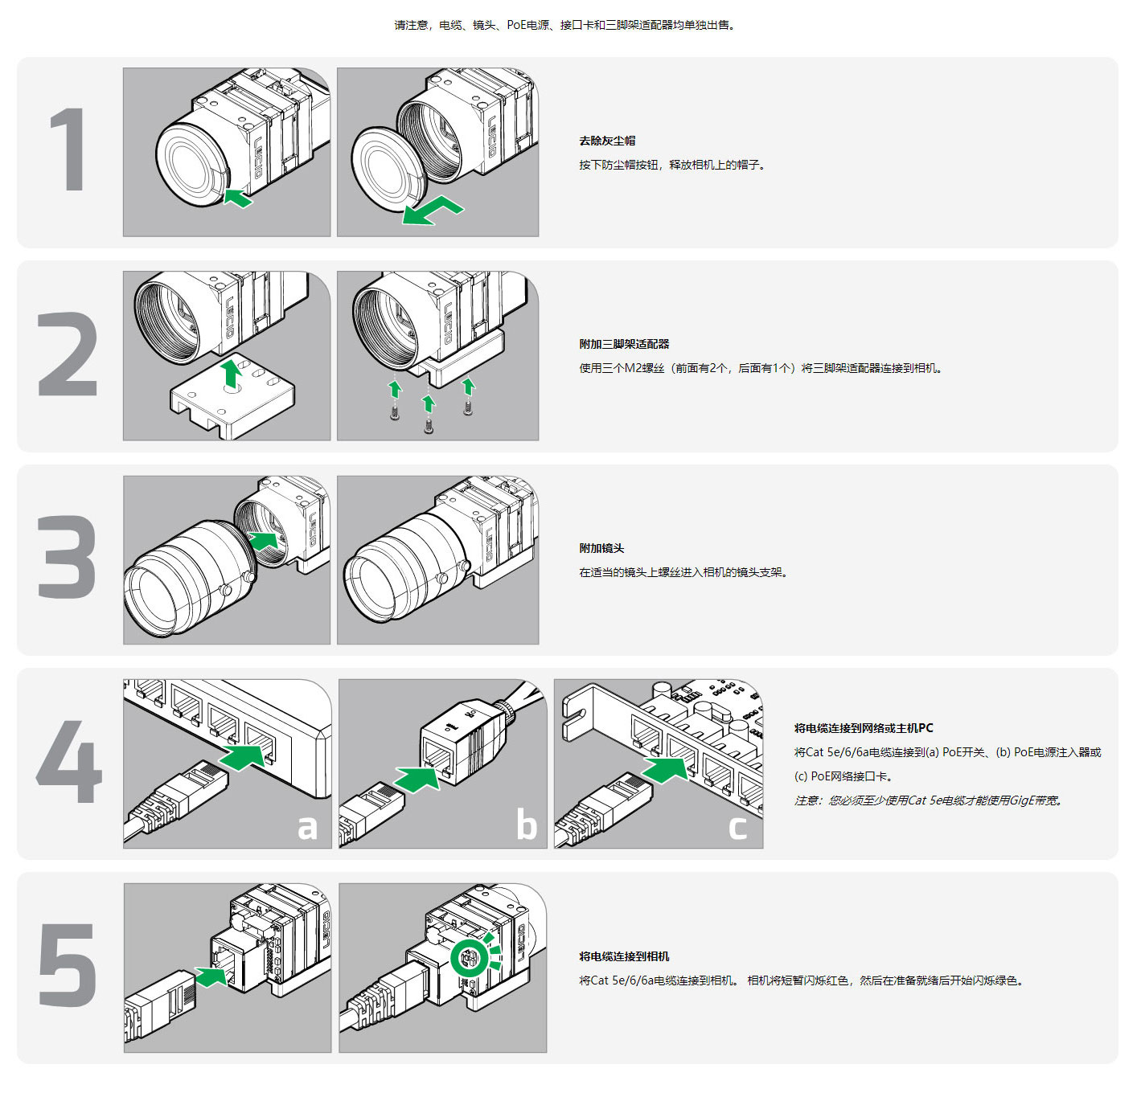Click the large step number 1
68,150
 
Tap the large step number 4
69,761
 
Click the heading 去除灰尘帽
607,141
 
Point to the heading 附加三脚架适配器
624,344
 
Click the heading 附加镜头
601,548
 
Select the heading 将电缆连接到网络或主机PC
864,728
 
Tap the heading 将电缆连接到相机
624,956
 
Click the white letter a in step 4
307,826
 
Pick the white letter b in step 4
526,825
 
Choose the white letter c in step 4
738,826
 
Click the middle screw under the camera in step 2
429,426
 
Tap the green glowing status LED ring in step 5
469,958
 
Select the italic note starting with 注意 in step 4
928,800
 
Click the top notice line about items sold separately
565,25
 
